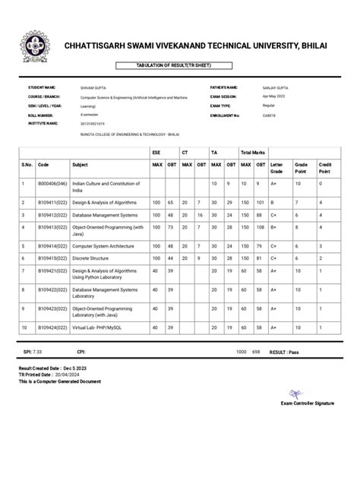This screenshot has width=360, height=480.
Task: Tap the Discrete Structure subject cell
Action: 91,257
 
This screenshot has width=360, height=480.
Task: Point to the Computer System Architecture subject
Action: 103,246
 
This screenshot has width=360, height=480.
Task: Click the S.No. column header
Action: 27,164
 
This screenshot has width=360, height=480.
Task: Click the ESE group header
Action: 156,153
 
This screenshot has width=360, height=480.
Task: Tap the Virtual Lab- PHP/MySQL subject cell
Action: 96,327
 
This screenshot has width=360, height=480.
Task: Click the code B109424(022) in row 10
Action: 52,327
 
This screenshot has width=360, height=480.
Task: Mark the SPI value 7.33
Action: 36,352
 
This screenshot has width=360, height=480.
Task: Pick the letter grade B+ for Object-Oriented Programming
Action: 275,226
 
